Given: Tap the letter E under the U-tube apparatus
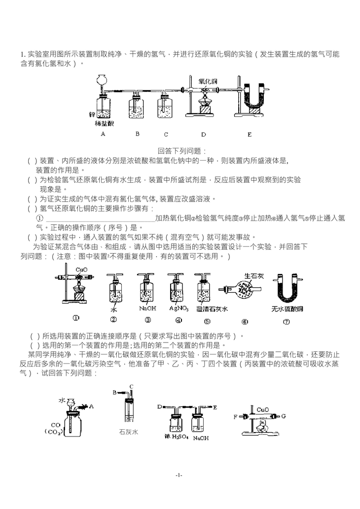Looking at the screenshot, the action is [x=250, y=134].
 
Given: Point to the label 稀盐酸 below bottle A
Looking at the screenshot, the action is [x=104, y=123].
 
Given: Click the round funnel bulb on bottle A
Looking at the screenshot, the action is [x=103, y=79].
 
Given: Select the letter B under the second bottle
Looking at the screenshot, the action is [x=138, y=134].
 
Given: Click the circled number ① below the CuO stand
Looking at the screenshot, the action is [x=76, y=318].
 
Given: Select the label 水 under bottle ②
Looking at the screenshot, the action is [x=113, y=310].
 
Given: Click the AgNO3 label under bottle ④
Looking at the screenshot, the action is [x=176, y=309].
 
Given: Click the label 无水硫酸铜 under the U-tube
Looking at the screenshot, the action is [x=287, y=309].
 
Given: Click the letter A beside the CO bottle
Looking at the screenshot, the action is [x=92, y=406].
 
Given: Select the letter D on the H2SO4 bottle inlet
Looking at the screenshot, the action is [x=160, y=407].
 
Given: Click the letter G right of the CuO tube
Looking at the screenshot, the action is [x=284, y=417].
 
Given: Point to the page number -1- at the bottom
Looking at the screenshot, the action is [x=179, y=475].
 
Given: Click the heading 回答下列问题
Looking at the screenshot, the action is [x=182, y=151].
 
